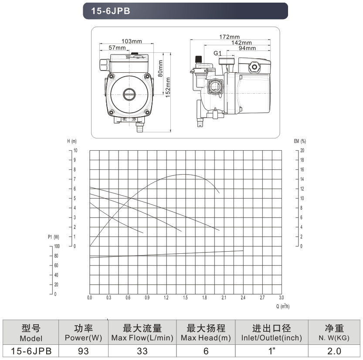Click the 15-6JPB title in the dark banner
(x=110, y=11)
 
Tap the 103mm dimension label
(x=132, y=41)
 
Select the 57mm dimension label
(x=117, y=47)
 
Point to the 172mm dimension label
(x=229, y=37)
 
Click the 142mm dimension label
(x=241, y=43)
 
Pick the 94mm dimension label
(x=247, y=48)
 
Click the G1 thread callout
(x=217, y=53)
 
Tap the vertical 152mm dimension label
(x=168, y=87)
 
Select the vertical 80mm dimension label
(x=160, y=68)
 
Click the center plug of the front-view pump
(x=129, y=94)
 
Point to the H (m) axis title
(x=72, y=141)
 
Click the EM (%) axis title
(x=300, y=141)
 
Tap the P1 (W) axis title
(x=54, y=237)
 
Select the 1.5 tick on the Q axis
(x=185, y=298)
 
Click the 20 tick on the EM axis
(x=302, y=151)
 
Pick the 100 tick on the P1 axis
(x=57, y=246)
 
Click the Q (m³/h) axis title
(x=283, y=306)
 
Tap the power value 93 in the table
(x=83, y=351)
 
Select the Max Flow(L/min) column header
(x=142, y=338)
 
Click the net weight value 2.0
(x=334, y=351)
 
